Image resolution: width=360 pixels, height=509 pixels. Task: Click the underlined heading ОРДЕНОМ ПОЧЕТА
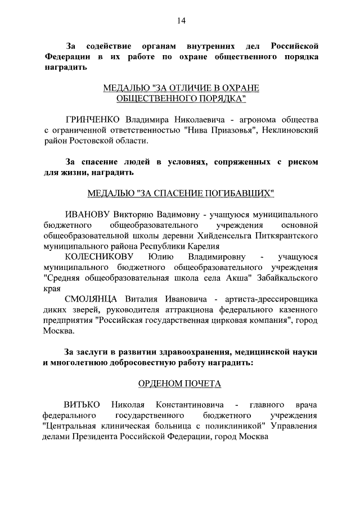(179, 384)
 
